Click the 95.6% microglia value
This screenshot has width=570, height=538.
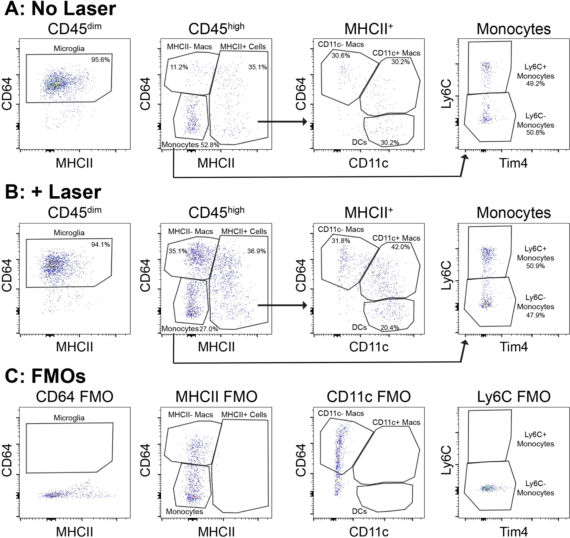tap(100, 60)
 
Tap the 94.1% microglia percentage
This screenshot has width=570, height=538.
tap(100, 244)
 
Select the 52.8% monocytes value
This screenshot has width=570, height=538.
tap(210, 145)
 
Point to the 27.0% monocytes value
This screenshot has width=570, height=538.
tap(209, 329)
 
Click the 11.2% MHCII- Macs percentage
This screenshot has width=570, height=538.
tap(179, 67)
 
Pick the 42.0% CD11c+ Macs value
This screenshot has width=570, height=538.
tap(400, 247)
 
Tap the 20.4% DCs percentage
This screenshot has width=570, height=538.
tap(390, 327)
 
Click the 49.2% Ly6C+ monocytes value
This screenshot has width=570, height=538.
tap(535, 84)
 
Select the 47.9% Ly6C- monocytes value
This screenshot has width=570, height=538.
tap(535, 315)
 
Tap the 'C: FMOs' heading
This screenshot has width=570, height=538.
tap(45, 376)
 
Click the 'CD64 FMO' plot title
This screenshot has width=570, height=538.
tap(75, 397)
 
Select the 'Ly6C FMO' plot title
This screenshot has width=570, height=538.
tap(514, 397)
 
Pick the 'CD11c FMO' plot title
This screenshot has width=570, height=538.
tap(369, 397)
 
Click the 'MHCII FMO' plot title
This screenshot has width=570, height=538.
tap(216, 397)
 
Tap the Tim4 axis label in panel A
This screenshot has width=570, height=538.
tap(513, 163)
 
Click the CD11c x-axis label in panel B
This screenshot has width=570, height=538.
tap(369, 347)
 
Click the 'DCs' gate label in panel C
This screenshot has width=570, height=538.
tap(359, 511)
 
